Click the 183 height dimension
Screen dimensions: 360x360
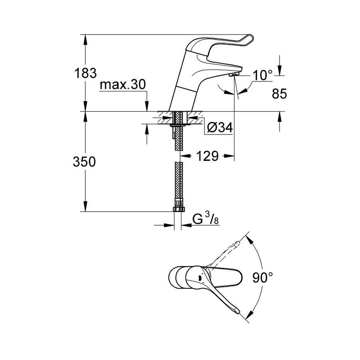click(x=86, y=73)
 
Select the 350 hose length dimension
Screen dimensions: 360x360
click(x=84, y=162)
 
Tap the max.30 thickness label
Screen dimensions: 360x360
click(x=123, y=85)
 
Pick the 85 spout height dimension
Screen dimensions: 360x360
click(x=279, y=94)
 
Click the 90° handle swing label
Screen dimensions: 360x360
click(x=262, y=277)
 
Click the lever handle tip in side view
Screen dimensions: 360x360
click(x=250, y=40)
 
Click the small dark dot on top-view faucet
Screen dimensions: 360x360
click(x=199, y=277)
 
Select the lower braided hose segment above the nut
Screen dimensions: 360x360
click(x=178, y=184)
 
